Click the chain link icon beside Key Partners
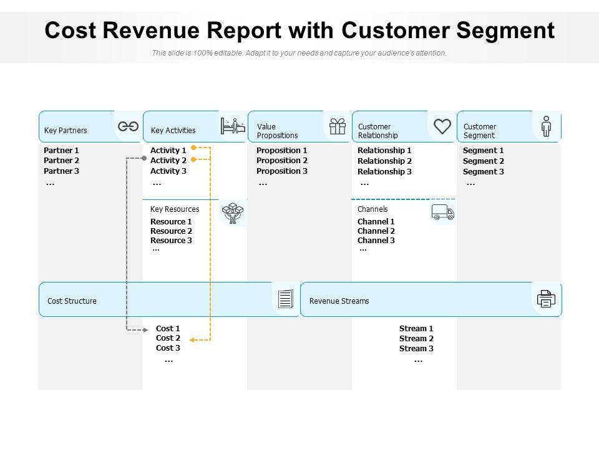click(x=128, y=126)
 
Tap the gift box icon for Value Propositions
click(x=338, y=126)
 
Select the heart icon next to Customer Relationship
click(x=442, y=126)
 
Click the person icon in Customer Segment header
click(x=547, y=126)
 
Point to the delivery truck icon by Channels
click(x=443, y=212)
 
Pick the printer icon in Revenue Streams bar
click(x=547, y=299)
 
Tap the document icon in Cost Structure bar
click(x=286, y=299)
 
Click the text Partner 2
click(x=62, y=161)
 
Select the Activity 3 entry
click(x=168, y=171)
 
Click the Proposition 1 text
click(x=282, y=151)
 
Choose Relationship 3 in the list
click(x=385, y=171)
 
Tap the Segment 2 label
click(x=484, y=161)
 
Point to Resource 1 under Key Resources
click(x=171, y=221)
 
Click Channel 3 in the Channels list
click(x=376, y=240)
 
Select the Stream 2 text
click(x=416, y=339)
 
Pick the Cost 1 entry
click(x=168, y=328)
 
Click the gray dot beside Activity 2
click(x=144, y=158)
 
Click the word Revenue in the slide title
click(x=151, y=30)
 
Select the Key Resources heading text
click(x=175, y=209)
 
